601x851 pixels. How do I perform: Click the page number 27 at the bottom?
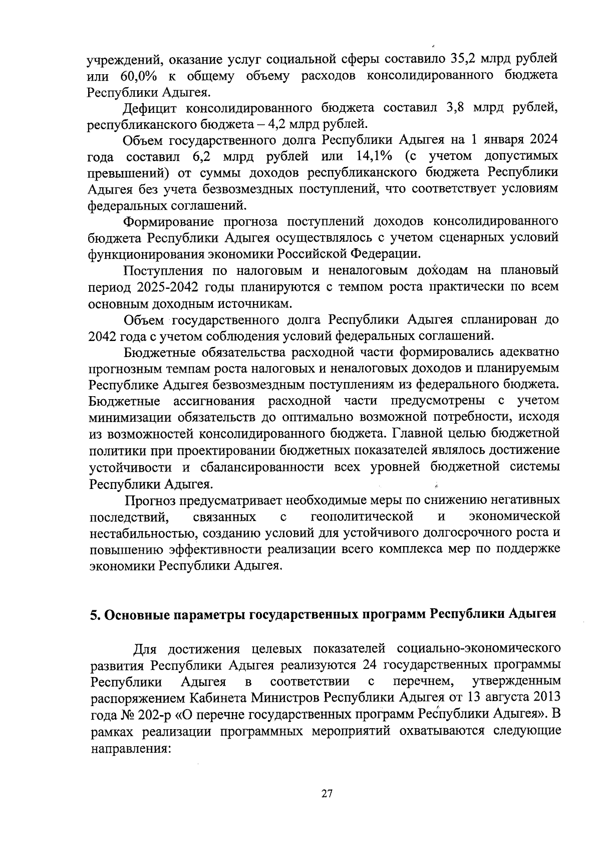(x=327, y=794)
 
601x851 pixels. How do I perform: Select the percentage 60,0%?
(x=139, y=76)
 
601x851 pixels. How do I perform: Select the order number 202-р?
(x=153, y=714)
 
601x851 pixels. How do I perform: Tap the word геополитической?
(x=362, y=517)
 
